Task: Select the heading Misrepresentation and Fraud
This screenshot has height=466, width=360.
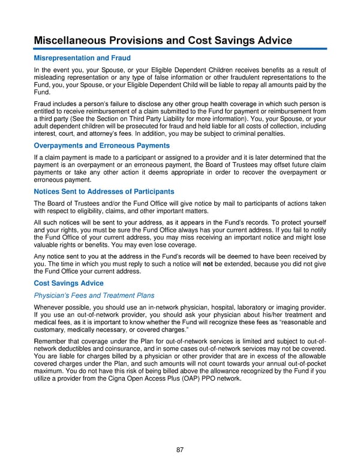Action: pyautogui.click(x=82, y=58)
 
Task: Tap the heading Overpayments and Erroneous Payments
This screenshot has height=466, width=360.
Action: pyautogui.click(x=101, y=146)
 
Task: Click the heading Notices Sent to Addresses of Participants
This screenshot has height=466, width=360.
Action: pyautogui.click(x=104, y=192)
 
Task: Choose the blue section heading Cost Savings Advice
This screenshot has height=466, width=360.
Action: pyautogui.click(x=68, y=283)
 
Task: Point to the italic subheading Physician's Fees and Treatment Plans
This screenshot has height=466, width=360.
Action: pyautogui.click(x=94, y=295)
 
